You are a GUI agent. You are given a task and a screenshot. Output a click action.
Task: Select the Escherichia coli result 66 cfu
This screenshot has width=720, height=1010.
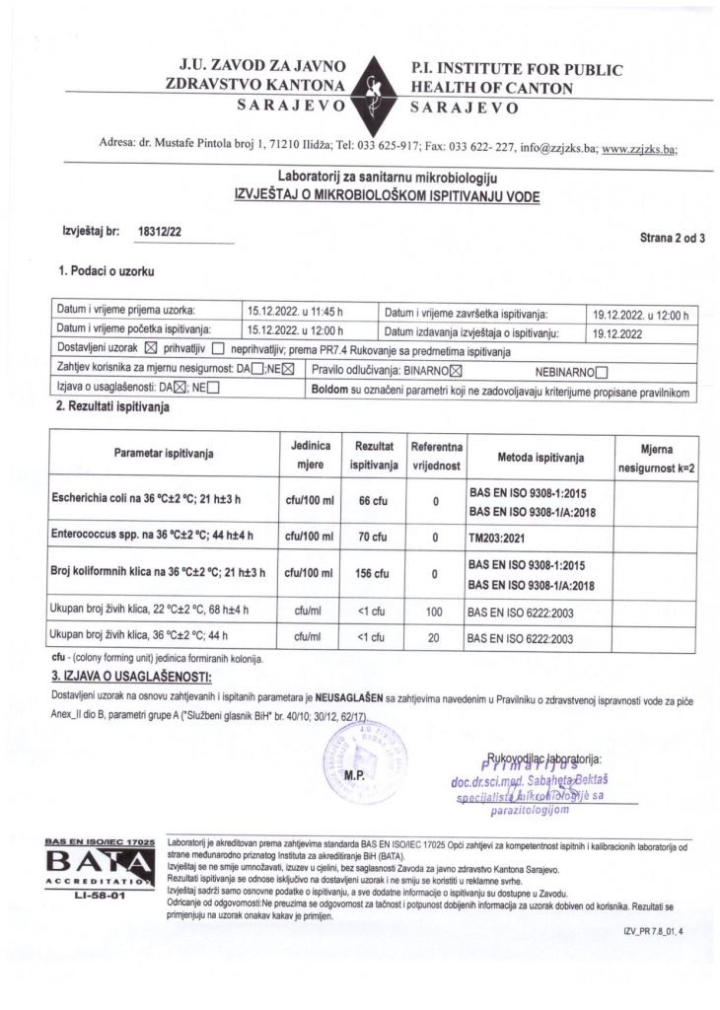click(373, 501)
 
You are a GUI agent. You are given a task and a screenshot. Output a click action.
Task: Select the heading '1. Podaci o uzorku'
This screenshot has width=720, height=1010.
click(108, 269)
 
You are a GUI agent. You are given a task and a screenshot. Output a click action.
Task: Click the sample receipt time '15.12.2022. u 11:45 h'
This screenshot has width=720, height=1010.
click(293, 312)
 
